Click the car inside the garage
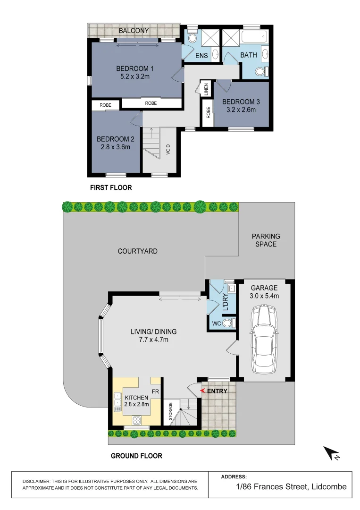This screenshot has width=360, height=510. click(265, 340)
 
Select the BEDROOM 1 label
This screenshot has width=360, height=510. click(135, 68)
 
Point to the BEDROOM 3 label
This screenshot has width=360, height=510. click(241, 102)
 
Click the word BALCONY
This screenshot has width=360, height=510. click(134, 31)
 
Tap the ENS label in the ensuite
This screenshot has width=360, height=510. click(201, 55)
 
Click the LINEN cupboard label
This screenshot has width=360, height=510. click(206, 89)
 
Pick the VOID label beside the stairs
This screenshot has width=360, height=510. click(168, 150)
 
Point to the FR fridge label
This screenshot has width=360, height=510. click(154, 391)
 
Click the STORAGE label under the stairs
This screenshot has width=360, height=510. click(170, 411)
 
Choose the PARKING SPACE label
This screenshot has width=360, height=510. click(266, 240)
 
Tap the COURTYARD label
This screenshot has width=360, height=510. click(137, 251)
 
